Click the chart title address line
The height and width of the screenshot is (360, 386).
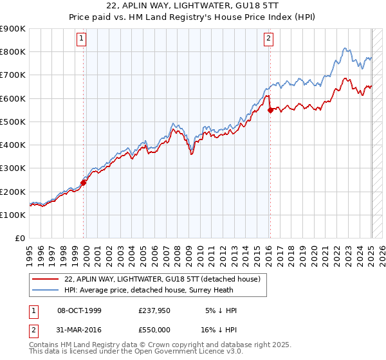coord(193,6)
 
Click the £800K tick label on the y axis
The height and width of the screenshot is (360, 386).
coord(13,52)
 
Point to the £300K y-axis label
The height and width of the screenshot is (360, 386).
coord(13,168)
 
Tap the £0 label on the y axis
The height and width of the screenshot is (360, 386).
coord(20,239)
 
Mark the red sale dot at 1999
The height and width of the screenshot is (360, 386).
coord(84,183)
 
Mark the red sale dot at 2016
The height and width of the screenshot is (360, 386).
coord(270,110)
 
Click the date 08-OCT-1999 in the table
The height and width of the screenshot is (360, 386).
coord(80,310)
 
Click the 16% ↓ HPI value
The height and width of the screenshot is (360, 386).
coord(219,332)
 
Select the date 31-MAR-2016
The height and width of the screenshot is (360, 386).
coord(80,332)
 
